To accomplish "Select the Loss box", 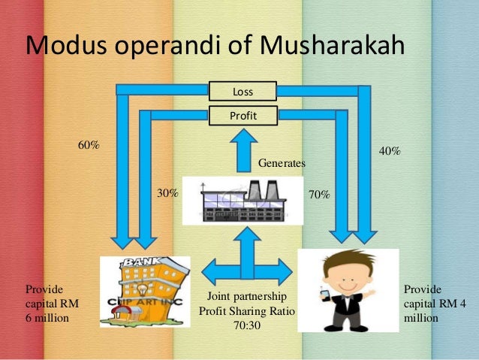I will point(243,92).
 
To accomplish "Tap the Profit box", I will point(243,115).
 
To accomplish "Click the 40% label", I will point(389,151).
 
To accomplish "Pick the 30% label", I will point(167,193).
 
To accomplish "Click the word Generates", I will point(282,162).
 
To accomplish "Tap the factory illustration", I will point(243,200).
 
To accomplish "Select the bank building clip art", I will point(143,290).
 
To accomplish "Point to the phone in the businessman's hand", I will point(324,295).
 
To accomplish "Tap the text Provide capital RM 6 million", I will point(52,303).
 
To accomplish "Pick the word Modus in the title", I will point(62,45).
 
